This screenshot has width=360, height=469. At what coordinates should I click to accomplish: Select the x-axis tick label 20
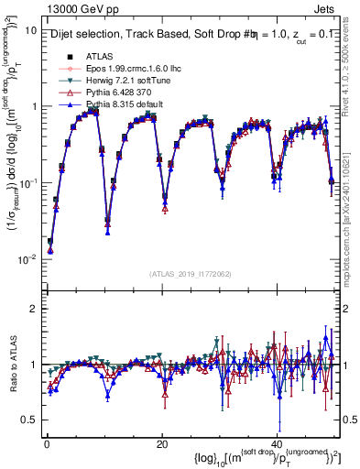[161, 443]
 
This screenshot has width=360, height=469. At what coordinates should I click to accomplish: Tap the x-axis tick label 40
[276, 443]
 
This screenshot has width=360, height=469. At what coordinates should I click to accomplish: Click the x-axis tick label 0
[47, 443]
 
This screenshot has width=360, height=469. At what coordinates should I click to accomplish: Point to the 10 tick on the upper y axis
[30, 29]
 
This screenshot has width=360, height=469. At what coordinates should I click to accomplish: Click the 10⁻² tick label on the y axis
[27, 259]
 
